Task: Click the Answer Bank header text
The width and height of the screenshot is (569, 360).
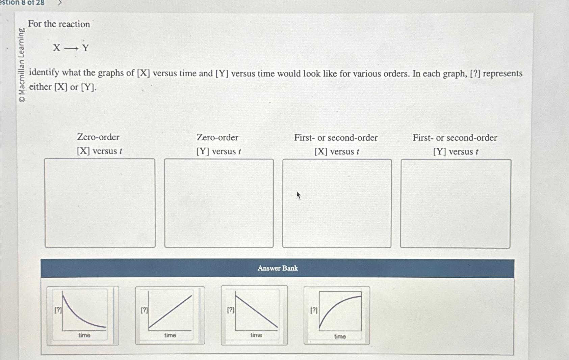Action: click(x=278, y=268)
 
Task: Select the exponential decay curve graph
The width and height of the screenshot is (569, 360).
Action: click(x=83, y=315)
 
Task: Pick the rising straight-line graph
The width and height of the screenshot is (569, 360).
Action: click(x=170, y=315)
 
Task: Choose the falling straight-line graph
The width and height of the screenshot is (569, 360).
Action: click(x=254, y=315)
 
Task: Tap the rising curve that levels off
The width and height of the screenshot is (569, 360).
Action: click(x=337, y=315)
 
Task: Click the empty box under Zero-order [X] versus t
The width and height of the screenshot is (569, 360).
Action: click(x=100, y=203)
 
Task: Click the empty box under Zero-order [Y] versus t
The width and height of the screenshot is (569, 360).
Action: click(x=219, y=203)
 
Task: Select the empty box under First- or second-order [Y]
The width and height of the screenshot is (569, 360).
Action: click(x=456, y=203)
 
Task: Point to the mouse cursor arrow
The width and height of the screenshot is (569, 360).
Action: click(x=299, y=195)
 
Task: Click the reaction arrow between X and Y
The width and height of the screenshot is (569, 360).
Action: click(x=71, y=48)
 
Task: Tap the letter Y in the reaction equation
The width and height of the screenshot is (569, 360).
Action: click(x=86, y=48)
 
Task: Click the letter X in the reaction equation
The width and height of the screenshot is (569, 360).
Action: click(x=57, y=48)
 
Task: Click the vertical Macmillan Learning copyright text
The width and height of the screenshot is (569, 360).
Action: click(x=22, y=65)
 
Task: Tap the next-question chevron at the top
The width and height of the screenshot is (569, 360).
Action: click(x=60, y=3)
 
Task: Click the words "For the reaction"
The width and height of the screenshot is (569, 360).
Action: click(x=59, y=24)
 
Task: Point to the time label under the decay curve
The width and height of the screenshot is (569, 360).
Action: click(x=84, y=335)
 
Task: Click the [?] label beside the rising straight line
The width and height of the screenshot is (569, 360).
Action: click(x=144, y=310)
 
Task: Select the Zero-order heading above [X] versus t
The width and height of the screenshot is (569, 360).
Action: click(x=98, y=137)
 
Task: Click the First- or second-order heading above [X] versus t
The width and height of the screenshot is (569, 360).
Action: click(x=336, y=138)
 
